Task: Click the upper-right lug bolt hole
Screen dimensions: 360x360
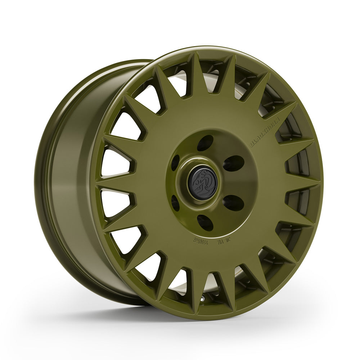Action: click(x=233, y=163)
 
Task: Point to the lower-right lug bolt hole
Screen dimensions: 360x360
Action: click(x=233, y=203)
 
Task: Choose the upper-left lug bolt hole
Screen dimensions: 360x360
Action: click(x=175, y=162)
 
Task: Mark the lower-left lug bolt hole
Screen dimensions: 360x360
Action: click(x=175, y=203)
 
